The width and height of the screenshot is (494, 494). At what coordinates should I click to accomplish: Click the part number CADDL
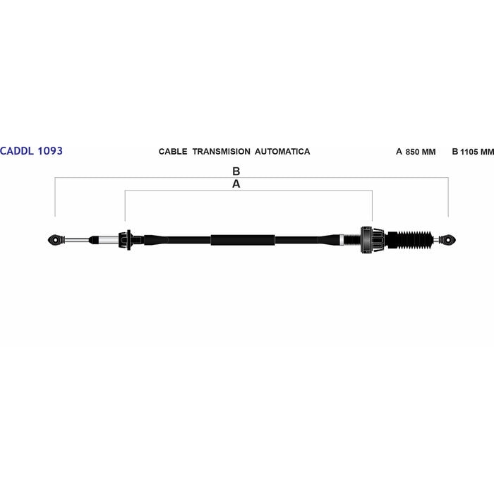[17, 151]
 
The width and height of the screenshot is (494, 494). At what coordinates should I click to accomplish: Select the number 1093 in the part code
[50, 151]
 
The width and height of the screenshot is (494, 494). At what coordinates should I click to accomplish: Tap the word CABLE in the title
[173, 152]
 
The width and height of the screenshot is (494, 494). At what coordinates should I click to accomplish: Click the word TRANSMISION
[222, 152]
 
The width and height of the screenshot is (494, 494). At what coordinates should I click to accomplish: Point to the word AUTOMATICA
[282, 152]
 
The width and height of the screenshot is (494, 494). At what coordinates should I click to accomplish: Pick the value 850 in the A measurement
[412, 152]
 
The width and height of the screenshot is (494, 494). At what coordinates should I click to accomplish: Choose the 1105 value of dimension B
[469, 152]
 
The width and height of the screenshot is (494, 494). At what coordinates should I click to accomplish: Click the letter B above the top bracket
[236, 171]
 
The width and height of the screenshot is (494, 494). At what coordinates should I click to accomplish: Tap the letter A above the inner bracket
[236, 184]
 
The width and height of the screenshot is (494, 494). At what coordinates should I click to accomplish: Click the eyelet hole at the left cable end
[56, 240]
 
